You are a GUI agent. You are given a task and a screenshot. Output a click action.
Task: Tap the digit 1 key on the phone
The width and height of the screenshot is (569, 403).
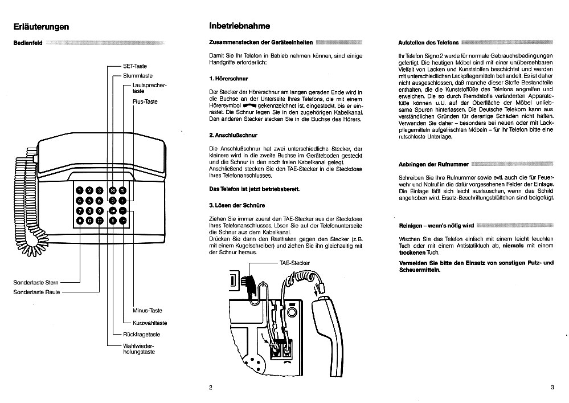tap(80, 190)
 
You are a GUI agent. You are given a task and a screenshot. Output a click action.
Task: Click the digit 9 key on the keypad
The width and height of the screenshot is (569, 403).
tap(100, 210)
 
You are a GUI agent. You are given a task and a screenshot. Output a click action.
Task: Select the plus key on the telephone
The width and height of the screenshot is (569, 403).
tap(122, 200)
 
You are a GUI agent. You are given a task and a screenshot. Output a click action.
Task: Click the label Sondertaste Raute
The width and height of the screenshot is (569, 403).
tap(37, 292)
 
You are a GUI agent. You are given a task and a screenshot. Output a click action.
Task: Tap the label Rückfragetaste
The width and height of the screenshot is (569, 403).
tap(142, 334)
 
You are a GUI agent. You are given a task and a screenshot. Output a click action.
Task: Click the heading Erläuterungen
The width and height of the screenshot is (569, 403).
tap(42, 27)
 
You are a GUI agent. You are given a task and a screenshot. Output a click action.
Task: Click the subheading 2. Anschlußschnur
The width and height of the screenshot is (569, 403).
tap(234, 136)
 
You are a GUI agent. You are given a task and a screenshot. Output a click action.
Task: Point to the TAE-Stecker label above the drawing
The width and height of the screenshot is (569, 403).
tap(293, 263)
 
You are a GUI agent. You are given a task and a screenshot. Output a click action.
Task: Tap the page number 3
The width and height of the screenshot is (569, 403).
tap(552, 388)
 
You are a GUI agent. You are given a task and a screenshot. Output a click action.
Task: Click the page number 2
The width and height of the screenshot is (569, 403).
tap(210, 388)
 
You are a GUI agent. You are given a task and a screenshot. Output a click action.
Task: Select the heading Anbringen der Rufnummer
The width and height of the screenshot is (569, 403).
tap(433, 164)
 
